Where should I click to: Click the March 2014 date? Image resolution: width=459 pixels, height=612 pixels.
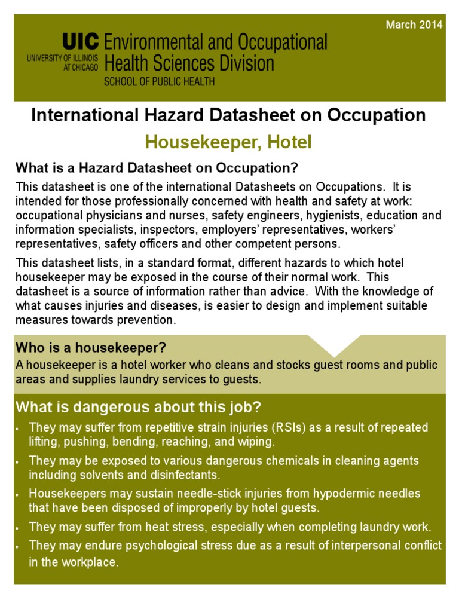point(414,25)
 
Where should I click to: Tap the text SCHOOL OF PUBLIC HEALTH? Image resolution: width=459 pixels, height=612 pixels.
point(159,82)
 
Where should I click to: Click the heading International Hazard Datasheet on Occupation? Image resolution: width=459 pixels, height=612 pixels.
point(229,115)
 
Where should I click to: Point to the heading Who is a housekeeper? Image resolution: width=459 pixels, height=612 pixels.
point(90,348)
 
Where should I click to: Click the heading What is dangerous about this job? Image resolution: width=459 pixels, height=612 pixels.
point(138,408)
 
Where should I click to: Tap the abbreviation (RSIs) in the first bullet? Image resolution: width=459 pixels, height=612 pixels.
point(289,428)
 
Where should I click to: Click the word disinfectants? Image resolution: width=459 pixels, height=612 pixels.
point(187,475)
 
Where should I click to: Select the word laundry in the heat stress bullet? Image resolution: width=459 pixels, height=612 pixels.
point(327,527)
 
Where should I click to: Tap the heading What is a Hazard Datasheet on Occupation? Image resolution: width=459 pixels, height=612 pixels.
point(157,166)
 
